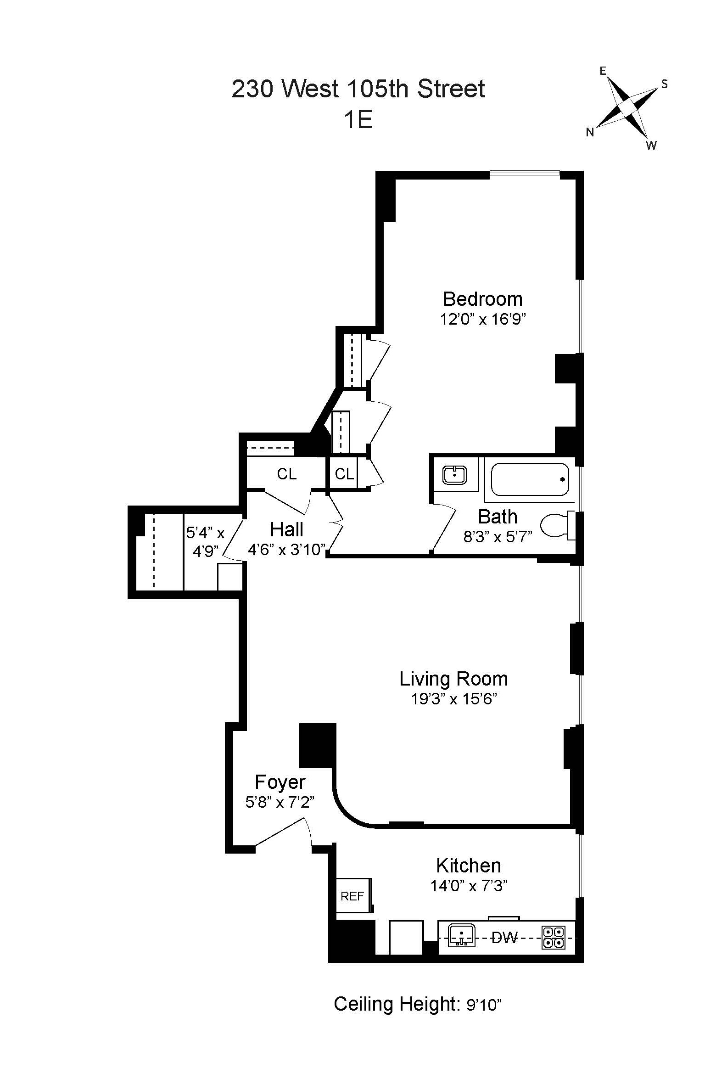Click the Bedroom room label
482,299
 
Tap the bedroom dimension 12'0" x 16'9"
482,319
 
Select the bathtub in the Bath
530,479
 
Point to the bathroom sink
454,475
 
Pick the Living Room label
453,679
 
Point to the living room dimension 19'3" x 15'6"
453,699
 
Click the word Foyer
280,782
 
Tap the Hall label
286,529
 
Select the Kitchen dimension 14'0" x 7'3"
469,885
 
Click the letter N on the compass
590,133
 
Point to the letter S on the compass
664,84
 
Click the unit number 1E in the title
358,120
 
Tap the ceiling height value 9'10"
484,1006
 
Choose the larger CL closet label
286,474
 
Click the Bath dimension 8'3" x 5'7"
498,536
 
